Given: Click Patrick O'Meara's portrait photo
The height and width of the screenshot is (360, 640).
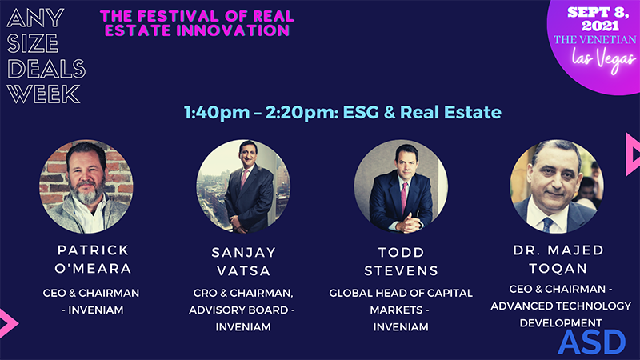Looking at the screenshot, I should point(86,186).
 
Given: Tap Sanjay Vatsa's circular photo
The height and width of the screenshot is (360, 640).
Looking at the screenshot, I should point(243,186).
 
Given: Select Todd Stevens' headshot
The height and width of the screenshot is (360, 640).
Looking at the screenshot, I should point(401,186).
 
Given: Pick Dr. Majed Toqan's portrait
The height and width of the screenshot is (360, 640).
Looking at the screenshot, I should point(558,186).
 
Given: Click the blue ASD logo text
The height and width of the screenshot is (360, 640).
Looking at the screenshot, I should point(591,342).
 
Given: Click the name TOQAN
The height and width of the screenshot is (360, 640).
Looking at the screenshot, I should point(558,269).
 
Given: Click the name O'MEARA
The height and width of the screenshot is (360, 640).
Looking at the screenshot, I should point(86,269).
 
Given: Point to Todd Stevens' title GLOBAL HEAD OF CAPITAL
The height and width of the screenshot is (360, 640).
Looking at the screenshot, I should point(401,293).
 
